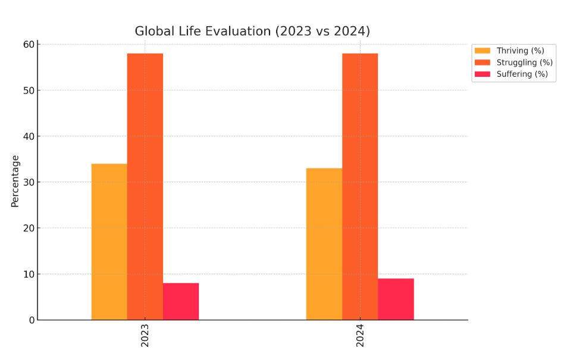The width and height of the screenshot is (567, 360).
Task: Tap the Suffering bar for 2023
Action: click(180, 302)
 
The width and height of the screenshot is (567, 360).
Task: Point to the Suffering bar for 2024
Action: click(396, 299)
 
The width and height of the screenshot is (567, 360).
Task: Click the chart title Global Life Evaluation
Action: click(252, 31)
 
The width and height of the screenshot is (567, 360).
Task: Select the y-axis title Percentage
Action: click(15, 181)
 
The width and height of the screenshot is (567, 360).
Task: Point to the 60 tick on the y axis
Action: click(29, 45)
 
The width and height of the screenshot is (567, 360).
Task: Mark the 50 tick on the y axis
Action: click(29, 90)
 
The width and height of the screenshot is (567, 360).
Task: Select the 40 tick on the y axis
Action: click(29, 136)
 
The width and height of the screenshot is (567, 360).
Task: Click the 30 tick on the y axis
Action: click(29, 182)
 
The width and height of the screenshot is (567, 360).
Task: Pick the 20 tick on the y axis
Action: click(29, 228)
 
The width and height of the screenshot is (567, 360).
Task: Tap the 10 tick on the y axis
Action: click(29, 274)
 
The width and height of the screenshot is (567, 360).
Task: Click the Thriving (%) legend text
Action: click(520, 51)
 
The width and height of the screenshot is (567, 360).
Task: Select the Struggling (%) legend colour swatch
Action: click(483, 62)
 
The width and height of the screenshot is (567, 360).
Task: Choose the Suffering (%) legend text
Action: click(522, 74)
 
